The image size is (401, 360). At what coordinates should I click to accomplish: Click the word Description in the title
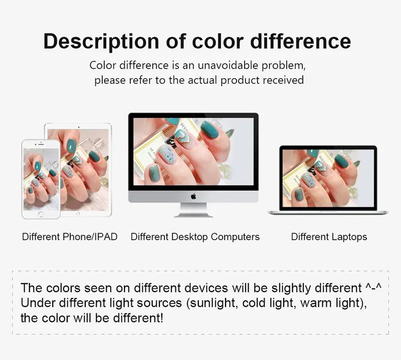pyautogui.click(x=101, y=42)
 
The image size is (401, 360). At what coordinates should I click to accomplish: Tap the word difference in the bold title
pyautogui.click(x=300, y=41)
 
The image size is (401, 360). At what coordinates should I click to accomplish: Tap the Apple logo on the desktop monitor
pyautogui.click(x=193, y=197)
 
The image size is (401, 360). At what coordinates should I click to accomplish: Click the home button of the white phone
pyautogui.click(x=41, y=214)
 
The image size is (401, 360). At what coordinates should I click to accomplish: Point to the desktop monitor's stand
pyautogui.click(x=193, y=210)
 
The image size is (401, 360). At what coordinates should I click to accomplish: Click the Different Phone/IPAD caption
pyautogui.click(x=70, y=237)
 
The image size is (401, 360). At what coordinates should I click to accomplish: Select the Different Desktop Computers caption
pyautogui.click(x=195, y=237)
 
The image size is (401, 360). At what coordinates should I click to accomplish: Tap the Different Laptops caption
pyautogui.click(x=329, y=237)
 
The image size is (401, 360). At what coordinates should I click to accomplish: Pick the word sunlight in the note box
pyautogui.click(x=212, y=303)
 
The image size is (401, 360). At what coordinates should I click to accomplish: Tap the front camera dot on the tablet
pyautogui.click(x=79, y=127)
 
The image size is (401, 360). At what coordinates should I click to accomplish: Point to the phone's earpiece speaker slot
pyautogui.click(x=41, y=145)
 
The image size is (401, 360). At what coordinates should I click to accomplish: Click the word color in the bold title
pyautogui.click(x=218, y=41)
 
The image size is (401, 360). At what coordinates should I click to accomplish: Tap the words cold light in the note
pyautogui.click(x=269, y=303)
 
